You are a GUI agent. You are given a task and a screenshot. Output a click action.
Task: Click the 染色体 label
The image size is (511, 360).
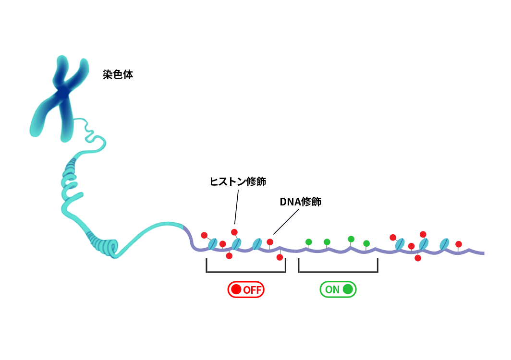pyautogui.click(x=118, y=74)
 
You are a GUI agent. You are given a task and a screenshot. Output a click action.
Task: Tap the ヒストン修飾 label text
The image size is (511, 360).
pyautogui.click(x=238, y=181)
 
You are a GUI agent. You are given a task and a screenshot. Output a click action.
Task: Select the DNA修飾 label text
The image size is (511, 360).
pyautogui.click(x=301, y=202)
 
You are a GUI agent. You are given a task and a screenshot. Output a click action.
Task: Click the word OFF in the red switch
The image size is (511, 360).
pyautogui.click(x=252, y=290)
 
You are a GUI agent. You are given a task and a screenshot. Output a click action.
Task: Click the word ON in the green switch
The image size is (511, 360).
pyautogui.click(x=332, y=289)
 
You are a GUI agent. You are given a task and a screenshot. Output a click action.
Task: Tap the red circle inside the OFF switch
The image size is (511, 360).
pyautogui.click(x=236, y=289)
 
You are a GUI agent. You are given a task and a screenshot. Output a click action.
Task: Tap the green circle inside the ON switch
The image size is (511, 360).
pyautogui.click(x=348, y=289)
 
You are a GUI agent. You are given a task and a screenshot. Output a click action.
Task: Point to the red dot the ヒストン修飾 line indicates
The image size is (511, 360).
pyautogui.click(x=234, y=232)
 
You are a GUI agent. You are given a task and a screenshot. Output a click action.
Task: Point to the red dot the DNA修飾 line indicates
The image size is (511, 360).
pyautogui.click(x=270, y=242)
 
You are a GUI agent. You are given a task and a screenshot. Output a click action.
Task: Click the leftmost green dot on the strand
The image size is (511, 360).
pyautogui.click(x=309, y=242)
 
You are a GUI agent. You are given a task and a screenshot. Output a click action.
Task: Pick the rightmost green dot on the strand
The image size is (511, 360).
pyautogui.click(x=366, y=243)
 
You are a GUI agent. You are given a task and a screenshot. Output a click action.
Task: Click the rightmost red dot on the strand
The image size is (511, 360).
pyautogui.click(x=459, y=244)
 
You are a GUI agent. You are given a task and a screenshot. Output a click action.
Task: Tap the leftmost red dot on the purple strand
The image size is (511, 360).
pyautogui.click(x=204, y=235)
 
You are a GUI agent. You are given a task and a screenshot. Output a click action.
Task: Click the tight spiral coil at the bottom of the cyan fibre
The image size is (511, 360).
pyautogui.click(x=105, y=246)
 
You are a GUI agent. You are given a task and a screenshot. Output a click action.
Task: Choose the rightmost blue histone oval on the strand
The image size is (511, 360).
pyautogui.click(x=444, y=244)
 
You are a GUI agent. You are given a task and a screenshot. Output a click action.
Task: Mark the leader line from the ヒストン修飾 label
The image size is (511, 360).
pyautogui.click(x=236, y=207)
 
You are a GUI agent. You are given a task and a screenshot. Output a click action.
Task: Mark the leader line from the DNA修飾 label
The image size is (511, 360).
pyautogui.click(x=286, y=222)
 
